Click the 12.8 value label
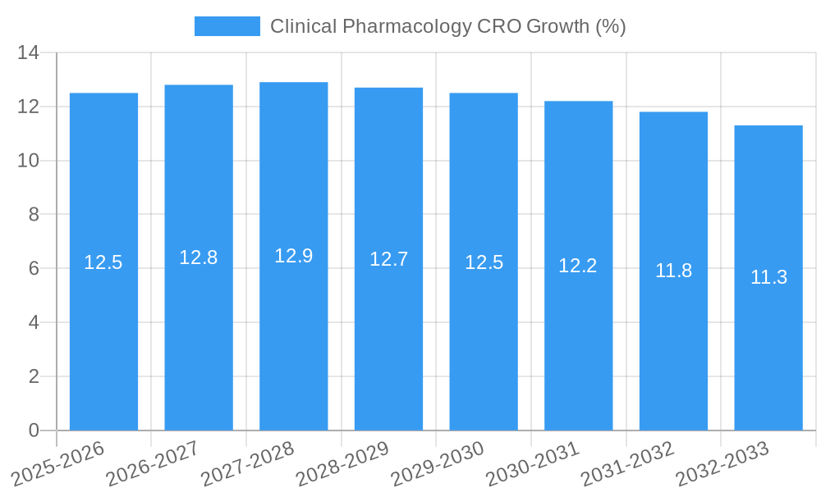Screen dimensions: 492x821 click(199, 257)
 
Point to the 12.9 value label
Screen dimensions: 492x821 click(294, 256)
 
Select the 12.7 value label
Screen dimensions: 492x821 click(388, 259)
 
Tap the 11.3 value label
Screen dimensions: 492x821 click(768, 277)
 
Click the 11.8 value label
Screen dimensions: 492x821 click(673, 271)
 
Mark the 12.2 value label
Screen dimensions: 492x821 click(578, 266)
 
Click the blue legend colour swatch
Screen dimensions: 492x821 click(227, 26)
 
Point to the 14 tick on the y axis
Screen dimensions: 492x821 click(29, 53)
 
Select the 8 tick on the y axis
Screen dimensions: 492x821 click(34, 215)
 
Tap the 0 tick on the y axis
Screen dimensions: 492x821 click(34, 430)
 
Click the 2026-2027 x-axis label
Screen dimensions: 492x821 click(153, 463)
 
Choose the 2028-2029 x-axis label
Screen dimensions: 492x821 click(342, 463)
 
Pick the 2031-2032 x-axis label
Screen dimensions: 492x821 click(627, 463)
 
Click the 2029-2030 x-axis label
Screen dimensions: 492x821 click(438, 463)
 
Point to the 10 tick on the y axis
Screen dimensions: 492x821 click(29, 161)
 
